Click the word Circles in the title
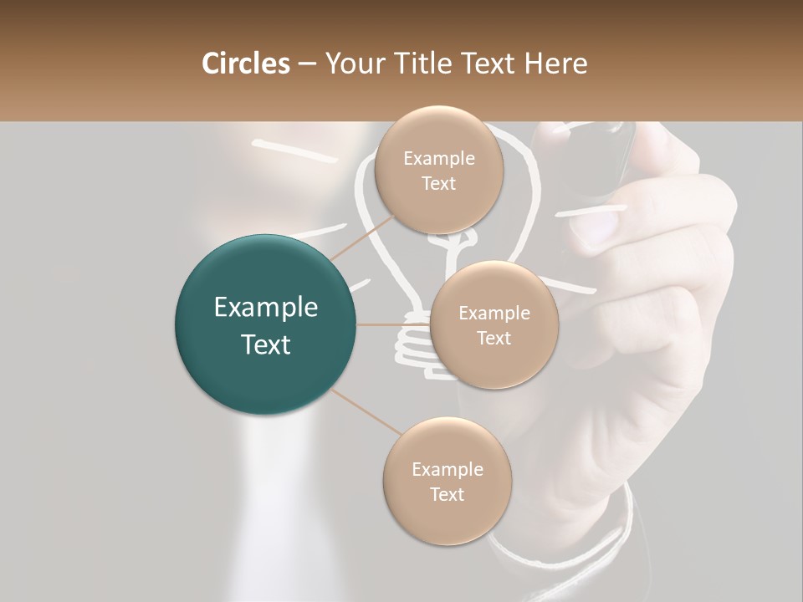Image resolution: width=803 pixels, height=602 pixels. [245, 64]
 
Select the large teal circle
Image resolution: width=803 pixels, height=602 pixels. [265, 324]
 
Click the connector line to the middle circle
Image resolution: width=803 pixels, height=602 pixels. [393, 324]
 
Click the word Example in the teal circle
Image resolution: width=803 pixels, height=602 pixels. [265, 308]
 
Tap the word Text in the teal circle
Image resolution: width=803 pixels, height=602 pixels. [265, 344]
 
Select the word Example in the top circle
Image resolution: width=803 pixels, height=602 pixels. [439, 158]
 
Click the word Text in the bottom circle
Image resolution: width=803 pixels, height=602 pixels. [447, 494]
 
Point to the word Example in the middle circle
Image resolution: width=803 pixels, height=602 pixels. [494, 313]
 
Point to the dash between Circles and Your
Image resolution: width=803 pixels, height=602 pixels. [306, 64]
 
